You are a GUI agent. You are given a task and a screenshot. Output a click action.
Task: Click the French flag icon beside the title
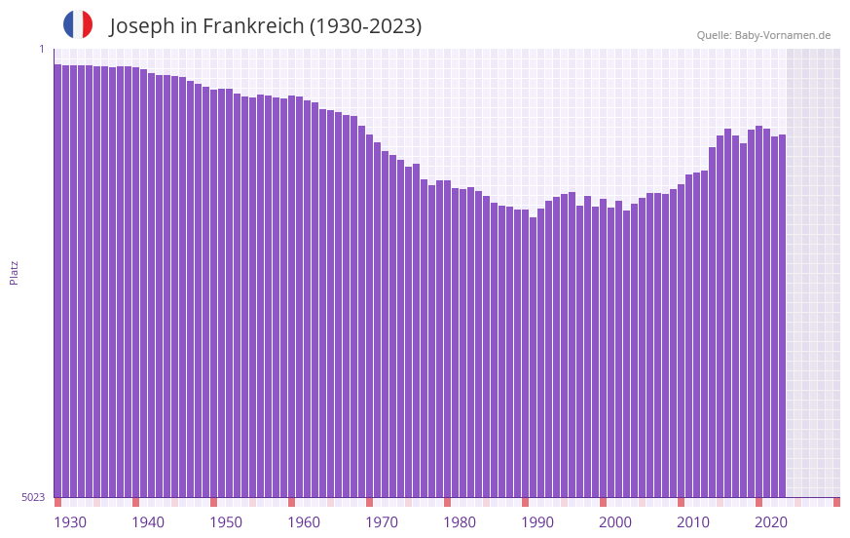pyautogui.click(x=78, y=24)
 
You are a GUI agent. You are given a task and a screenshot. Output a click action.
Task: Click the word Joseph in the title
pyautogui.click(x=142, y=26)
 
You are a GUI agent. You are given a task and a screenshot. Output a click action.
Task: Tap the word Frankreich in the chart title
pyautogui.click(x=251, y=26)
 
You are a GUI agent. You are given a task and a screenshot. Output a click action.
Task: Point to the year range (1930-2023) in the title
pyautogui.click(x=365, y=26)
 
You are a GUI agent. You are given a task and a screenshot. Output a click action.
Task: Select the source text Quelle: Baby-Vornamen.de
pyautogui.click(x=763, y=35)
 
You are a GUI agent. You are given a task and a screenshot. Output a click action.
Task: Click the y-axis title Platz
pyautogui.click(x=14, y=272)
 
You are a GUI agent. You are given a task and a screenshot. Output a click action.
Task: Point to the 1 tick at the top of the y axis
pyautogui.click(x=41, y=49)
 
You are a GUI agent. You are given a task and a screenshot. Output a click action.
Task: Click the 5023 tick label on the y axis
pyautogui.click(x=33, y=497)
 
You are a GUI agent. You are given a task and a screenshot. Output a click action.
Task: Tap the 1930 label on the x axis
pyautogui.click(x=70, y=522)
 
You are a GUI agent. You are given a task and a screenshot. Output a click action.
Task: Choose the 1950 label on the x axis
pyautogui.click(x=226, y=522)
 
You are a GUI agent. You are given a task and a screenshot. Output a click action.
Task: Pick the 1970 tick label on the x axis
pyautogui.click(x=382, y=522)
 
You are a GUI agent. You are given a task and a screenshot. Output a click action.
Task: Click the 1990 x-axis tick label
pyautogui.click(x=537, y=522)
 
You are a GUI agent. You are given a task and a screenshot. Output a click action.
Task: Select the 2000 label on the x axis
pyautogui.click(x=615, y=522)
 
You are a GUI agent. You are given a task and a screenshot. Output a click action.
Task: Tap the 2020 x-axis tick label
pyautogui.click(x=771, y=522)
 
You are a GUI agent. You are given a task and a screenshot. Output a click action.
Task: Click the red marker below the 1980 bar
pyautogui.click(x=447, y=502)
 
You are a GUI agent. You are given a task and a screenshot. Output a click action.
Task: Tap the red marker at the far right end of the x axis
pyautogui.click(x=836, y=502)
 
